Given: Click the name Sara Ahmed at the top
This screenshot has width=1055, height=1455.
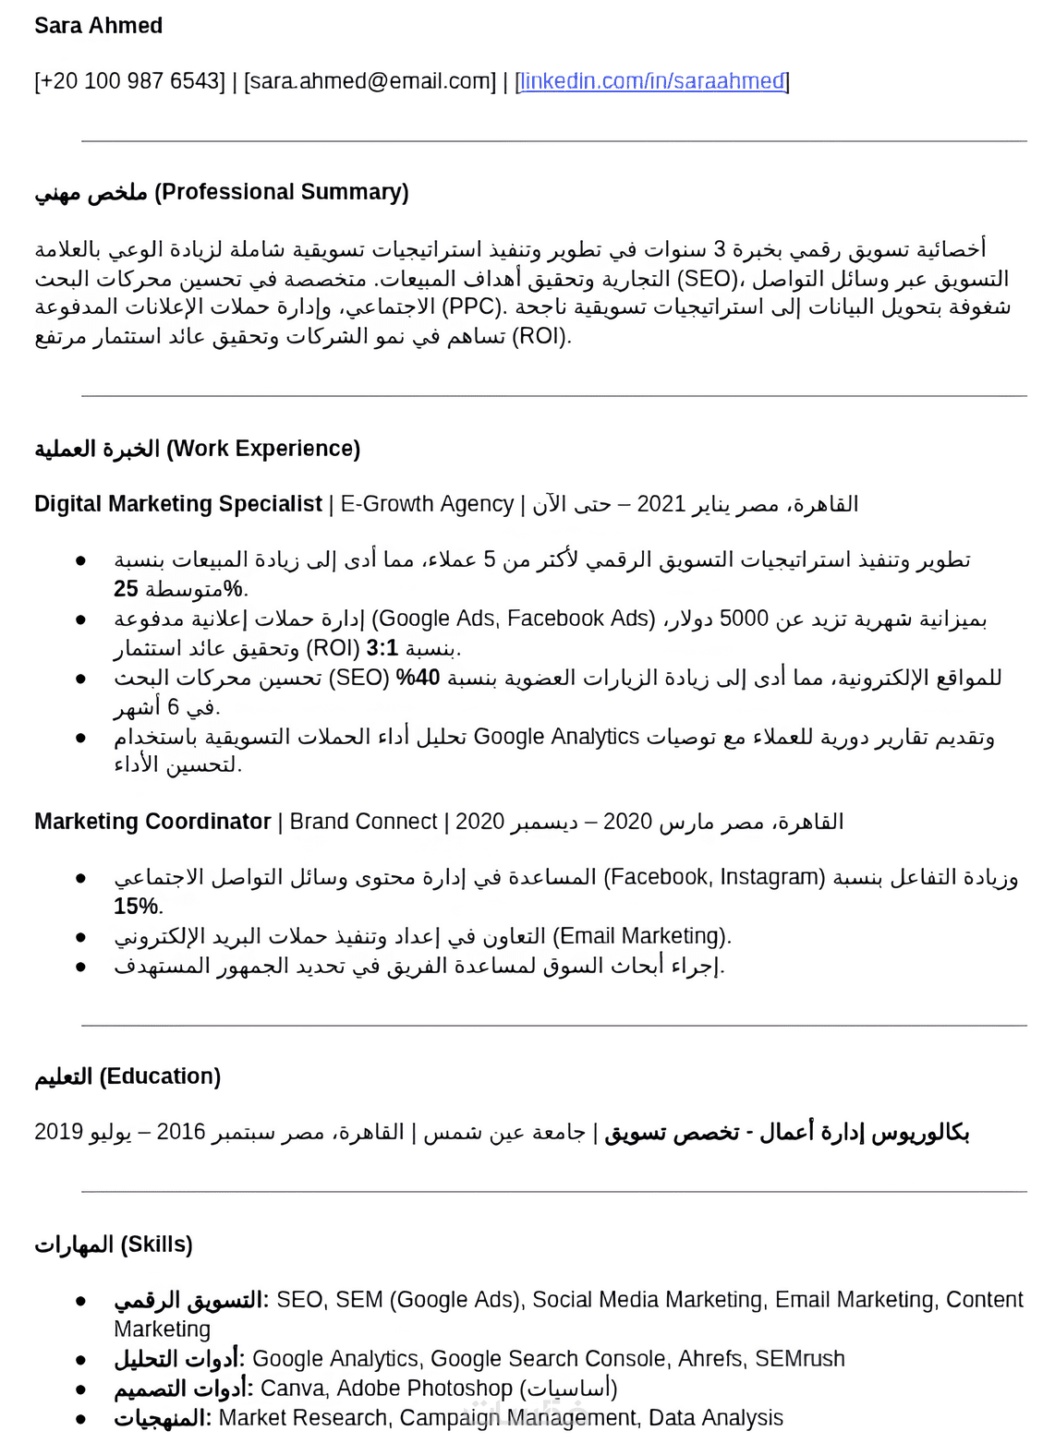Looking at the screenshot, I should (98, 26).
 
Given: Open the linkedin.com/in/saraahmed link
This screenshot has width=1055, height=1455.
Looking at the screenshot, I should (652, 81).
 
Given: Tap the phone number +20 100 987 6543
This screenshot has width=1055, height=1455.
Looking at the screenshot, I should (129, 81).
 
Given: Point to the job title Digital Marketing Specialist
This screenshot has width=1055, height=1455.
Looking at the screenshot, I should (177, 504).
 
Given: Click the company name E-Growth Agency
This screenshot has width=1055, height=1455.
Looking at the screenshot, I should (427, 504).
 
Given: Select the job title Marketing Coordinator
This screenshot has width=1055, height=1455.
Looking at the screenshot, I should (152, 822).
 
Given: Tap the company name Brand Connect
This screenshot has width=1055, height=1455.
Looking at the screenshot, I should (363, 822).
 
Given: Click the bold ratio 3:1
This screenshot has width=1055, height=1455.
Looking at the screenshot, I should (382, 648).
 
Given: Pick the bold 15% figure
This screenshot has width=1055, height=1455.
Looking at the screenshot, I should (136, 907).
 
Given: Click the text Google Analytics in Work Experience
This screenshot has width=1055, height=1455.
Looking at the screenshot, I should (556, 737).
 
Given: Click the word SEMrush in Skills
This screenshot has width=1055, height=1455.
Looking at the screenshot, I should (799, 1359).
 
